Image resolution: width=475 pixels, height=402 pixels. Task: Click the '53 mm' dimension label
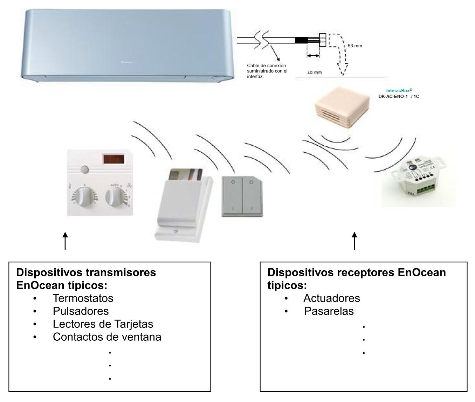pyautogui.click(x=354, y=46)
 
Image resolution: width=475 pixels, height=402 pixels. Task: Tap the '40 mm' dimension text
pyautogui.click(x=315, y=72)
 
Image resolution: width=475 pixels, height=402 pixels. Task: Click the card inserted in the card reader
pyautogui.click(x=186, y=174)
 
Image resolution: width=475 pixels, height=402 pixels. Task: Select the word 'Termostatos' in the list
pyautogui.click(x=83, y=298)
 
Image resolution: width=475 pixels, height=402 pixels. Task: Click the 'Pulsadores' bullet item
pyautogui.click(x=81, y=311)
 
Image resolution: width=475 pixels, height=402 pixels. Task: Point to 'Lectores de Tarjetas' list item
pyautogui.click(x=103, y=324)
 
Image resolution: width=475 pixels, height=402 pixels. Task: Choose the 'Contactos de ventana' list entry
pyautogui.click(x=107, y=337)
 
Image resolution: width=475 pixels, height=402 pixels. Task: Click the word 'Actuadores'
pyautogui.click(x=331, y=298)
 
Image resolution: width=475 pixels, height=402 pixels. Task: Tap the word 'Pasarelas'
pyautogui.click(x=329, y=311)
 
